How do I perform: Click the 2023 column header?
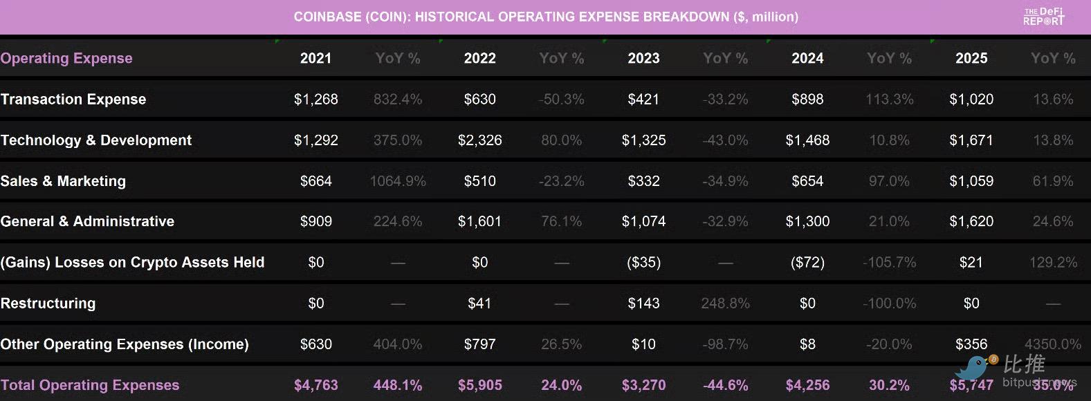pos(643,59)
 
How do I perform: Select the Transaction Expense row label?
pos(73,100)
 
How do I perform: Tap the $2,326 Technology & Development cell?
pos(479,140)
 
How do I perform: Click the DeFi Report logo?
pos(1043,17)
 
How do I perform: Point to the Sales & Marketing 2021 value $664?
pos(315,181)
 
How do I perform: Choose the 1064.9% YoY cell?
pos(398,181)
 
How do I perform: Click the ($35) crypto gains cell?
pos(643,263)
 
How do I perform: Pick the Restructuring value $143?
pos(643,304)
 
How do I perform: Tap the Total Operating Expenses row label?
pos(90,385)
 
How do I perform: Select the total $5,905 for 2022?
pos(479,385)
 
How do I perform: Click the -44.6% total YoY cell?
pos(725,385)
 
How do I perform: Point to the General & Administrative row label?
pos(87,222)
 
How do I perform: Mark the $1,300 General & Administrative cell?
pos(807,222)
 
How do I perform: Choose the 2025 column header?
pos(971,59)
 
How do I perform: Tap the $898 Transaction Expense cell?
pos(807,100)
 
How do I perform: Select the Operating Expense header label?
pos(66,59)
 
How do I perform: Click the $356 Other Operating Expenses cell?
pos(971,344)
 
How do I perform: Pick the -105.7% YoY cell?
pos(889,263)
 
